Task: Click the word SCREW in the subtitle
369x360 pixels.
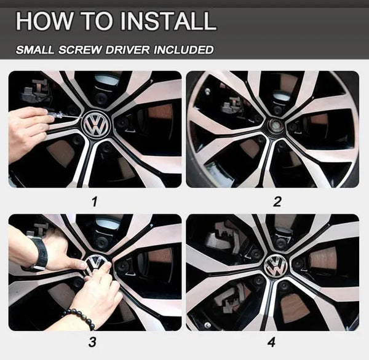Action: tap(80, 50)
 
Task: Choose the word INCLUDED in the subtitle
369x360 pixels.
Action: tap(182, 50)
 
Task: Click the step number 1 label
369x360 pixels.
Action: tap(94, 200)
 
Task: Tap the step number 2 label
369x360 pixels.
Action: tap(277, 200)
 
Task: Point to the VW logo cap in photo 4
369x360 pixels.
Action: tap(277, 265)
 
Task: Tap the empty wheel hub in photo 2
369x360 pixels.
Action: tap(272, 127)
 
